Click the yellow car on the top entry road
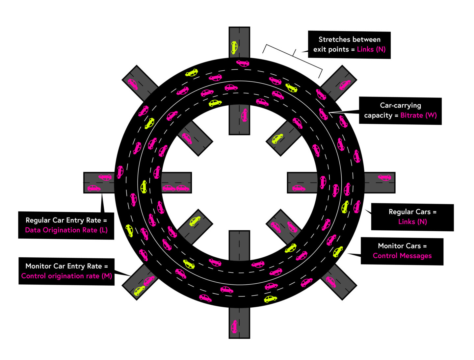pos(234,47)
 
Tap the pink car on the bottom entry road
pos(234,326)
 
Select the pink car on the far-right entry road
pos(384,177)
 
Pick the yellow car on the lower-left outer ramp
pos(140,291)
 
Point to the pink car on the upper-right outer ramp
pos(345,85)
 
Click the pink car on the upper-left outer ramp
pos(133,84)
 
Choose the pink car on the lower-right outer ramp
pos(330,282)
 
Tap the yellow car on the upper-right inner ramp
pos(277,139)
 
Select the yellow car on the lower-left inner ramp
pos(195,221)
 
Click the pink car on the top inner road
pos(244,115)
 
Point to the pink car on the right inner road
pos(299,188)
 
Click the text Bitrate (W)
pos(418,116)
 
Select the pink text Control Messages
pos(402,256)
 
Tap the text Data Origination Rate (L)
pos(66,230)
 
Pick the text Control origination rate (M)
pos(66,276)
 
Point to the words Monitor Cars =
pos(402,246)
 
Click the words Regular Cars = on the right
pos(412,212)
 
